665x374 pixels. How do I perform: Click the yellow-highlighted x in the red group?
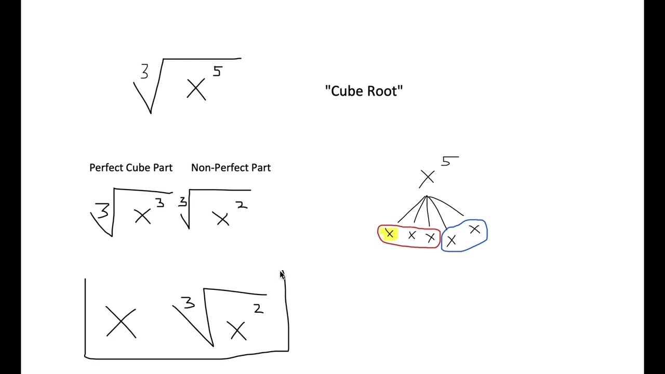(x=389, y=234)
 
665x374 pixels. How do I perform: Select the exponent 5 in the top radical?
(x=218, y=72)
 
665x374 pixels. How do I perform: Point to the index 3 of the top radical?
(x=144, y=72)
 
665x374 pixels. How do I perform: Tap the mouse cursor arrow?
(x=282, y=275)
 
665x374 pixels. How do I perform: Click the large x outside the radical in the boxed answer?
(x=121, y=322)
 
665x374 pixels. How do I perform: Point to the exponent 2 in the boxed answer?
(x=258, y=309)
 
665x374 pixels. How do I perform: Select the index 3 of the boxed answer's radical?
(x=188, y=302)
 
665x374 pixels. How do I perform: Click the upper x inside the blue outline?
(x=474, y=229)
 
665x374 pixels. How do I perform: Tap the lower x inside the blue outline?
(x=451, y=241)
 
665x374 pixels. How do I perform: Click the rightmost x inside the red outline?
(x=430, y=238)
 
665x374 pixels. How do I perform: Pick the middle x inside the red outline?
(x=411, y=236)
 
